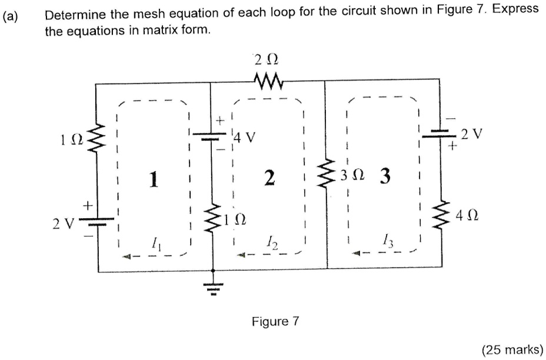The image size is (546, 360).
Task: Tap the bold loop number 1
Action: point(154,179)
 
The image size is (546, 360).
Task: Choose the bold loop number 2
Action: point(269,178)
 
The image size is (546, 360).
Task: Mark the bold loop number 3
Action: point(384,176)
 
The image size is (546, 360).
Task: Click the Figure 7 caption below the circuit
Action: point(275,321)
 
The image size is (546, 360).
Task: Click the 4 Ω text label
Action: point(468,217)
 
